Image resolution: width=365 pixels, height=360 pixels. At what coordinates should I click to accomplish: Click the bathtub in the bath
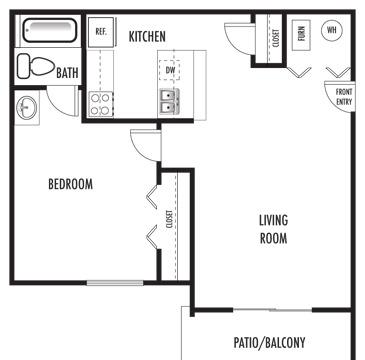pyautogui.click(x=49, y=31)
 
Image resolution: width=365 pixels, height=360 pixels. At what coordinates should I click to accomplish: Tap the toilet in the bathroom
pyautogui.click(x=36, y=66)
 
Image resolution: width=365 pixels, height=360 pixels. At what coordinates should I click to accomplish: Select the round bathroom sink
pyautogui.click(x=27, y=108)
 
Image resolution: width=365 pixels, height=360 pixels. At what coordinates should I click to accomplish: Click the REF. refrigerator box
pyautogui.click(x=101, y=32)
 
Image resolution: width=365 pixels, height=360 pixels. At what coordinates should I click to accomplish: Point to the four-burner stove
pyautogui.click(x=101, y=104)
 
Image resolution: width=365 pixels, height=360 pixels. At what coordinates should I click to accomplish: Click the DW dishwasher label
pyautogui.click(x=170, y=70)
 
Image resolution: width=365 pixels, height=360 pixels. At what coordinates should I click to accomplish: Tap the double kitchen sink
pyautogui.click(x=170, y=101)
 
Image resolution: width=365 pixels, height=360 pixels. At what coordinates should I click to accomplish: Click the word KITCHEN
pyautogui.click(x=147, y=36)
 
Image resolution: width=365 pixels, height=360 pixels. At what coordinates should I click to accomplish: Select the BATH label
pyautogui.click(x=68, y=73)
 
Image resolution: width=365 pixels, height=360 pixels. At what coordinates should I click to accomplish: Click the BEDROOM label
pyautogui.click(x=71, y=184)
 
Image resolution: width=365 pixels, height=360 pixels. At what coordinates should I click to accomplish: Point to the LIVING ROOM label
pyautogui.click(x=273, y=229)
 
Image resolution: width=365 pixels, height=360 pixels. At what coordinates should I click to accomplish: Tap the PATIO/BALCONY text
pyautogui.click(x=269, y=342)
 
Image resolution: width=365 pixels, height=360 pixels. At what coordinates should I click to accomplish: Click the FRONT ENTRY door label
pyautogui.click(x=344, y=96)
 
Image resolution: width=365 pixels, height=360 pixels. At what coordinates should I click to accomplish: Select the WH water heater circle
pyautogui.click(x=332, y=30)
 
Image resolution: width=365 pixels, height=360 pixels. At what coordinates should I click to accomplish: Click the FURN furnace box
pyautogui.click(x=302, y=35)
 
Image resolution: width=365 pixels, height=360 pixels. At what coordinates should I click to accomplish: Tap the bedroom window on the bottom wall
pyautogui.click(x=115, y=283)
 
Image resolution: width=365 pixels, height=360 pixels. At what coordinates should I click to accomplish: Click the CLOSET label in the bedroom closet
pyautogui.click(x=169, y=219)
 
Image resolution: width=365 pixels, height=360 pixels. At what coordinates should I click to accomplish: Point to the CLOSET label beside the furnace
pyautogui.click(x=276, y=38)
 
